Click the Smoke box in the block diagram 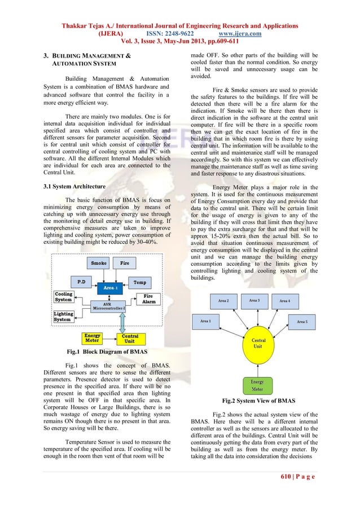click(100, 263)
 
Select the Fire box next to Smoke click(124, 263)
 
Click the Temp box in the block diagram click(139, 280)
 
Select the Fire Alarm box click(148, 299)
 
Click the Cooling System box click(64, 297)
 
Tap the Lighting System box click(63, 317)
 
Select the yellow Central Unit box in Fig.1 click(129, 338)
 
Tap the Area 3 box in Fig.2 click(254, 300)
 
